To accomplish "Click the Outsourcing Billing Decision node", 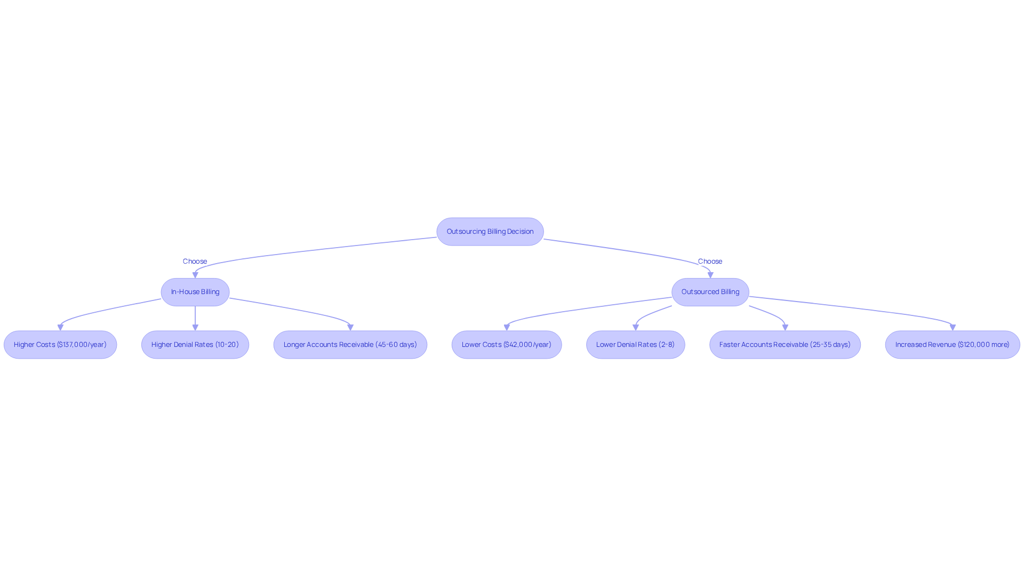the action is [x=490, y=232].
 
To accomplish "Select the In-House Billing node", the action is [x=195, y=292].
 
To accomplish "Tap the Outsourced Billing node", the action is [x=710, y=292].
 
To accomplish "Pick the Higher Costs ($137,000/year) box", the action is [x=60, y=345].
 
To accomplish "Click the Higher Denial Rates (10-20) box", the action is [x=195, y=345].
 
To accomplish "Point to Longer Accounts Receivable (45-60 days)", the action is [x=350, y=345].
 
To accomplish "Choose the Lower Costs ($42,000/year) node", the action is [x=507, y=345].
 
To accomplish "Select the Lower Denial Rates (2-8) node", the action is [x=636, y=345].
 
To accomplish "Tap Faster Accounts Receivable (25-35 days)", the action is [x=785, y=345].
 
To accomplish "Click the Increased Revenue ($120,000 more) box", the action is [x=953, y=345].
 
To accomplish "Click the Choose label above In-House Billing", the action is [x=195, y=262].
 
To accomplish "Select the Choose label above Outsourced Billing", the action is [x=710, y=262].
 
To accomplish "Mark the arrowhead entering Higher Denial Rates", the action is [x=195, y=328].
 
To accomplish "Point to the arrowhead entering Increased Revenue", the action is [x=953, y=328].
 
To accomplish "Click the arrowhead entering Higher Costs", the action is [x=60, y=328].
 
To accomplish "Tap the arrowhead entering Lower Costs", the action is [x=507, y=328].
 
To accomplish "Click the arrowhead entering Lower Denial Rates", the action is [x=636, y=328].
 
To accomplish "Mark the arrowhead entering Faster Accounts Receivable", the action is [x=785, y=328].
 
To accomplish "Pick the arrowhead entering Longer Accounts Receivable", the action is [x=350, y=328].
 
